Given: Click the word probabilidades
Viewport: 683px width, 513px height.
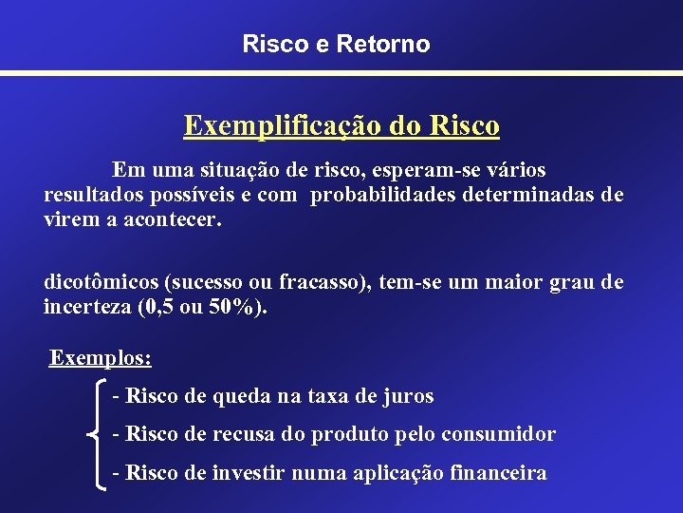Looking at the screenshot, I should point(391,195).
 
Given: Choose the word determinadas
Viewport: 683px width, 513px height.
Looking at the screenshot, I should point(550,195).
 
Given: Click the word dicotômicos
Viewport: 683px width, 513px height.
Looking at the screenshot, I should point(101,282).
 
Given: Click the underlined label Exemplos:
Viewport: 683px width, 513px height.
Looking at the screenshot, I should point(101,358).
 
